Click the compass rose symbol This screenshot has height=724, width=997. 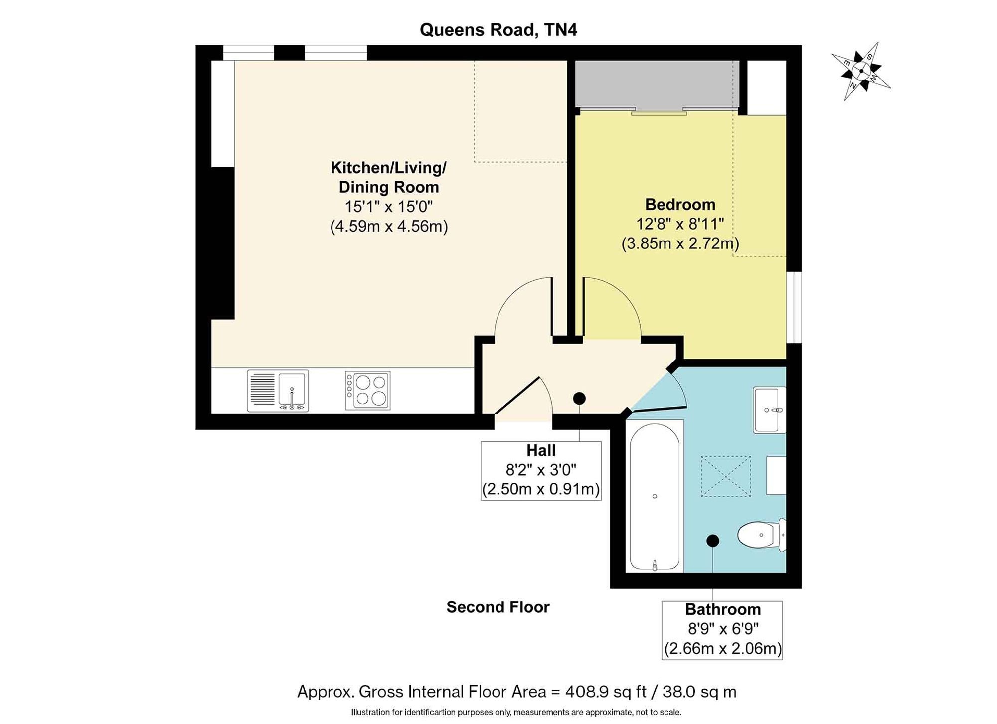click(861, 71)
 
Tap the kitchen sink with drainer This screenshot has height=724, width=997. click(278, 391)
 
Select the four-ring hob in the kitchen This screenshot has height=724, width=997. click(367, 391)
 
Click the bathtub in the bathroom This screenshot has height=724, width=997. click(655, 496)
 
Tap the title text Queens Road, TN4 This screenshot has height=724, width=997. click(498, 30)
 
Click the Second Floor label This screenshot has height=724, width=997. click(498, 607)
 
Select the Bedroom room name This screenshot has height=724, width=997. click(680, 204)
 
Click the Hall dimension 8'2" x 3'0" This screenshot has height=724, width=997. click(541, 470)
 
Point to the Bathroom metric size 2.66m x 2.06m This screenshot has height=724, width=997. click(722, 649)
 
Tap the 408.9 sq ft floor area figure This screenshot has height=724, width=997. click(606, 692)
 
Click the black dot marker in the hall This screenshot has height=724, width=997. click(579, 398)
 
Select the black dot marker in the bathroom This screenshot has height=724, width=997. click(713, 540)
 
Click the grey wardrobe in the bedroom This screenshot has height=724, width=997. click(657, 84)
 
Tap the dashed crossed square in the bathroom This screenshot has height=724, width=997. click(726, 476)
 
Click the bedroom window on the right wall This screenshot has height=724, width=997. click(794, 307)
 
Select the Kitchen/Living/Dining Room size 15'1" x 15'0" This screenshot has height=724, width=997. click(389, 206)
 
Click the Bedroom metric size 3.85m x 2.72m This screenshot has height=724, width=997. click(680, 243)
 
